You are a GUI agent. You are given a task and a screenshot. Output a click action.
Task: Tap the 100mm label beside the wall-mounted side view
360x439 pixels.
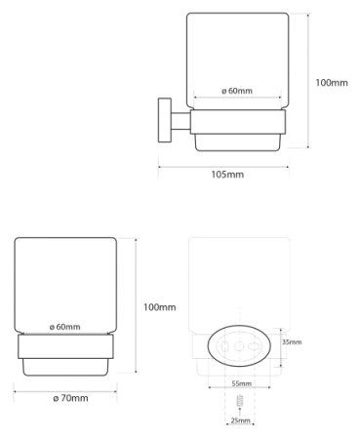[332, 84]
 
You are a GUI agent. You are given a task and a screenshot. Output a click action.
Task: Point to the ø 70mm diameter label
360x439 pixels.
[65, 398]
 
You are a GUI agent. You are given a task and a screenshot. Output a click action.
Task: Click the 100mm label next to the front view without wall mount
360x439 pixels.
[158, 307]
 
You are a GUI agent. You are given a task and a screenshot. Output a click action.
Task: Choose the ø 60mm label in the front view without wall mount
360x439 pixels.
[64, 326]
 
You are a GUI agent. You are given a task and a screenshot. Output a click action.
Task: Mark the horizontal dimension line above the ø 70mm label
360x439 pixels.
[65, 386]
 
